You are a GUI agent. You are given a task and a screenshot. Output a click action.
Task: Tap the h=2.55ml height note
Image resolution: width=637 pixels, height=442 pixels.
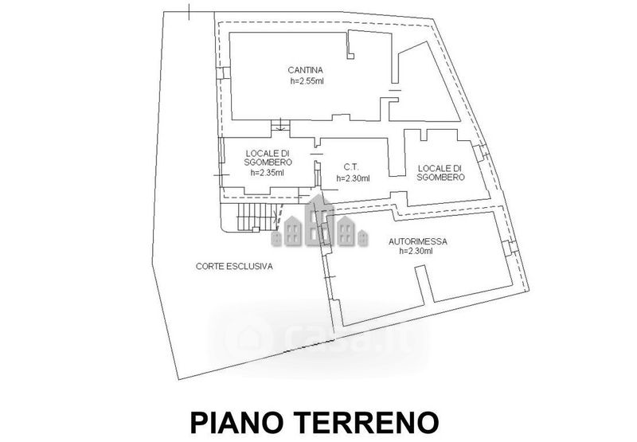pyautogui.click(x=306, y=81)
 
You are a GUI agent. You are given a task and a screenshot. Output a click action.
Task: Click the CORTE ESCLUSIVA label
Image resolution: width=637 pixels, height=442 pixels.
pyautogui.click(x=234, y=267)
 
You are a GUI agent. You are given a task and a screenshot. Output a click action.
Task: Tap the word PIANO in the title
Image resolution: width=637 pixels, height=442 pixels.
pyautogui.click(x=233, y=420)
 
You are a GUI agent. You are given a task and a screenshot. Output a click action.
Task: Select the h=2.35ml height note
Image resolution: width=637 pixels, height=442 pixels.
pyautogui.click(x=267, y=172)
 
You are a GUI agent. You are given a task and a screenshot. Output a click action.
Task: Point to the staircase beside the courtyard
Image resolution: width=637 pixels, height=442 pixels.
pyautogui.click(x=253, y=215)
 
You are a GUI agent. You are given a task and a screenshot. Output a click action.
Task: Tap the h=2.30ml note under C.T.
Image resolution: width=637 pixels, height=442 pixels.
pyautogui.click(x=354, y=178)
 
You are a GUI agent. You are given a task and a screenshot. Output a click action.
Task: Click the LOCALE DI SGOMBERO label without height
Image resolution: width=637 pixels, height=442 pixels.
pyautogui.click(x=440, y=173)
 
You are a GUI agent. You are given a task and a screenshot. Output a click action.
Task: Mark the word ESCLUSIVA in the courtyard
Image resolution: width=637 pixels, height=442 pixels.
pyautogui.click(x=250, y=267)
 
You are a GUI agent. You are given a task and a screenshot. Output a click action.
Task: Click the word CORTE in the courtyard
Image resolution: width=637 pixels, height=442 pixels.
pyautogui.click(x=211, y=267)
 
